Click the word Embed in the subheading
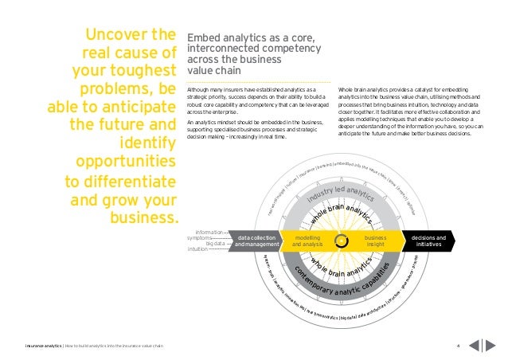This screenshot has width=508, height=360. [201, 37]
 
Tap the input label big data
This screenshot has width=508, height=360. [214, 244]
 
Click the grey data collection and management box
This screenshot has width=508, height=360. [256, 241]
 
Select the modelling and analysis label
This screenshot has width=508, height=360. [307, 241]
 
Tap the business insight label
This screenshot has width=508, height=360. [375, 241]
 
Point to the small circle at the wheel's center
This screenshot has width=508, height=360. [341, 241]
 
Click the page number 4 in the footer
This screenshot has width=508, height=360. [458, 345]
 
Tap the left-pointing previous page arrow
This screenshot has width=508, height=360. [475, 345]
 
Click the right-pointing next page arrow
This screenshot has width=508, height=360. [492, 345]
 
